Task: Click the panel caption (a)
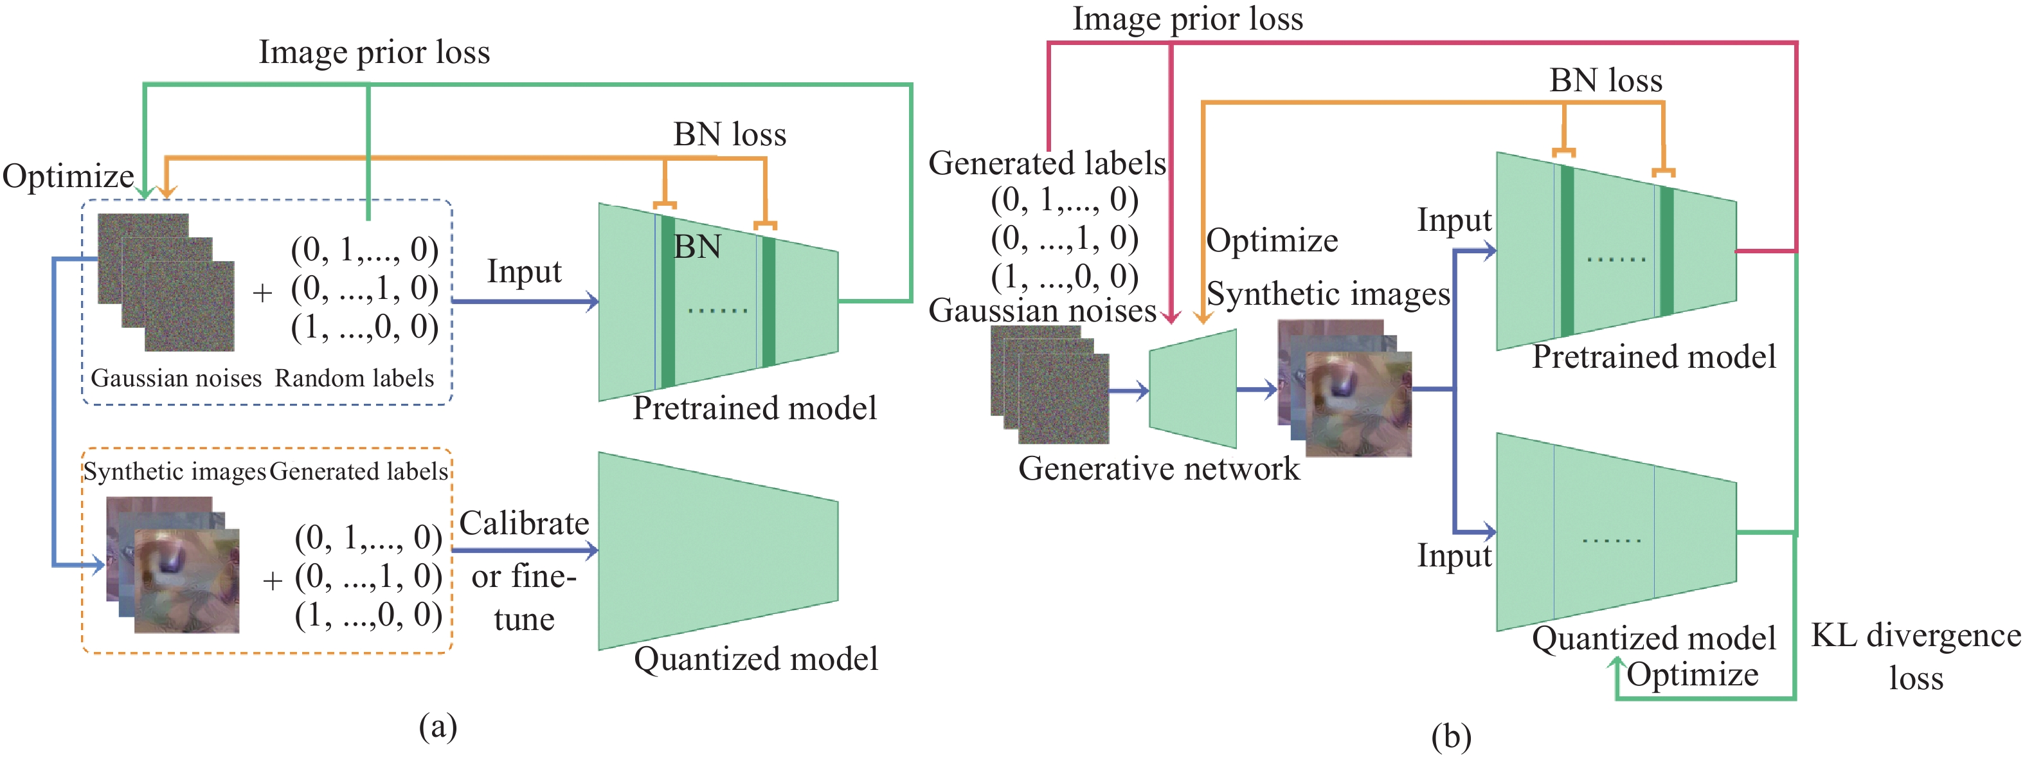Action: [438, 726]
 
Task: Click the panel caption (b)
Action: [1450, 736]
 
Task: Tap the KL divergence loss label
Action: [1916, 656]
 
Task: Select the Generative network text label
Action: [1158, 469]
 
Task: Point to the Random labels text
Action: [354, 378]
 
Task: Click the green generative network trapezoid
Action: [1192, 388]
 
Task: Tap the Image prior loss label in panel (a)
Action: [374, 53]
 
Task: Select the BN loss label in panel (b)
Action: [1605, 80]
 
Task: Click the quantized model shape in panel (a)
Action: [717, 550]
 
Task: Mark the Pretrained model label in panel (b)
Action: [1654, 357]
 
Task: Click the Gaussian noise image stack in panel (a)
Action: [166, 282]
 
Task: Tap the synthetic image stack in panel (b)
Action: [1345, 388]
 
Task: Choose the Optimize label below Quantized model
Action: [1692, 674]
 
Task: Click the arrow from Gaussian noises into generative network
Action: [1129, 390]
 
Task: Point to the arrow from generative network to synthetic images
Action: [1256, 389]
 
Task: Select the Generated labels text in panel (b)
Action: [1047, 163]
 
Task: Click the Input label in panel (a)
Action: [525, 271]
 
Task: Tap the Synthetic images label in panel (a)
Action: [174, 471]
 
